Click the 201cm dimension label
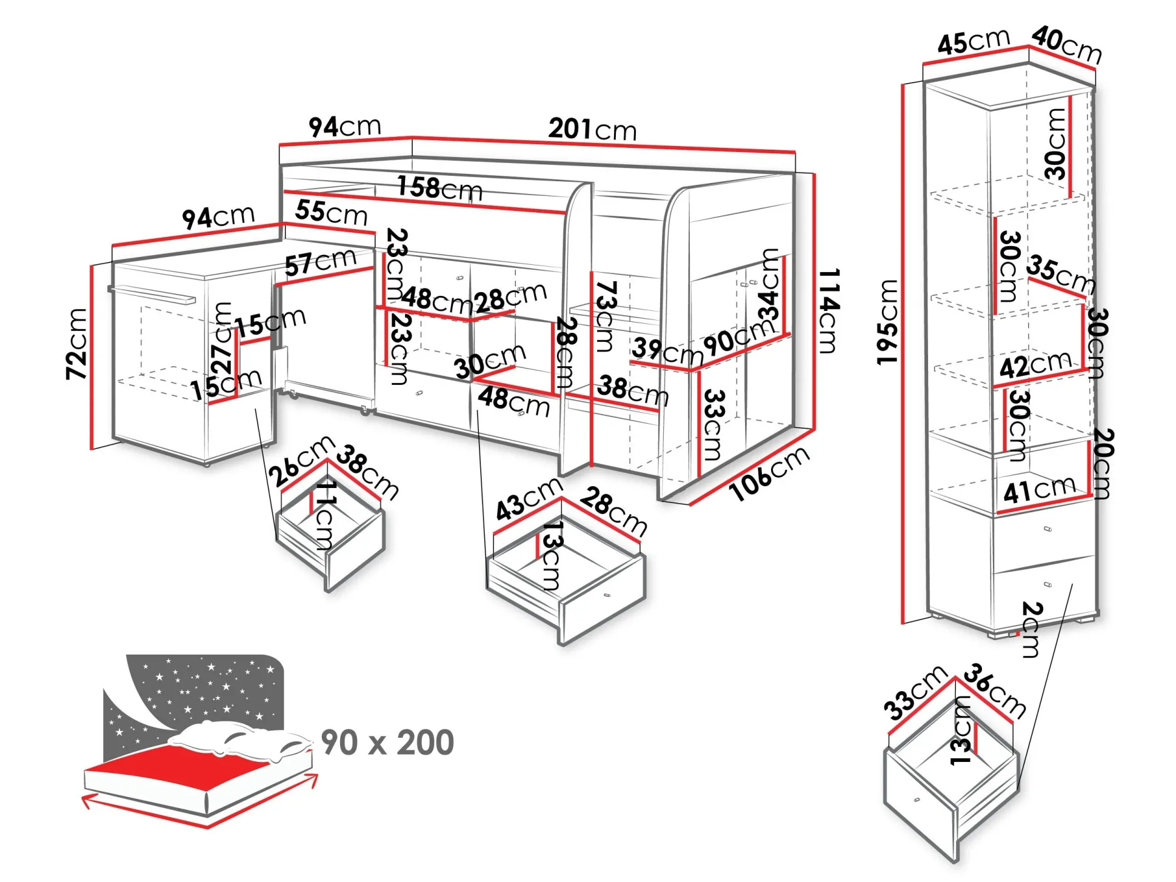pos(592,130)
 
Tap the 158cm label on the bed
pos(439,188)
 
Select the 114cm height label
pos(828,310)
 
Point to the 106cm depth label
pos(769,473)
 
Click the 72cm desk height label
pos(77,344)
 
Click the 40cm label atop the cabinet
pos(1066,44)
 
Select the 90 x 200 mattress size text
pos(387,742)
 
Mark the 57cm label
pos(320,262)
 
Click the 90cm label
pos(738,337)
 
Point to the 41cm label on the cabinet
pos(1039,490)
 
